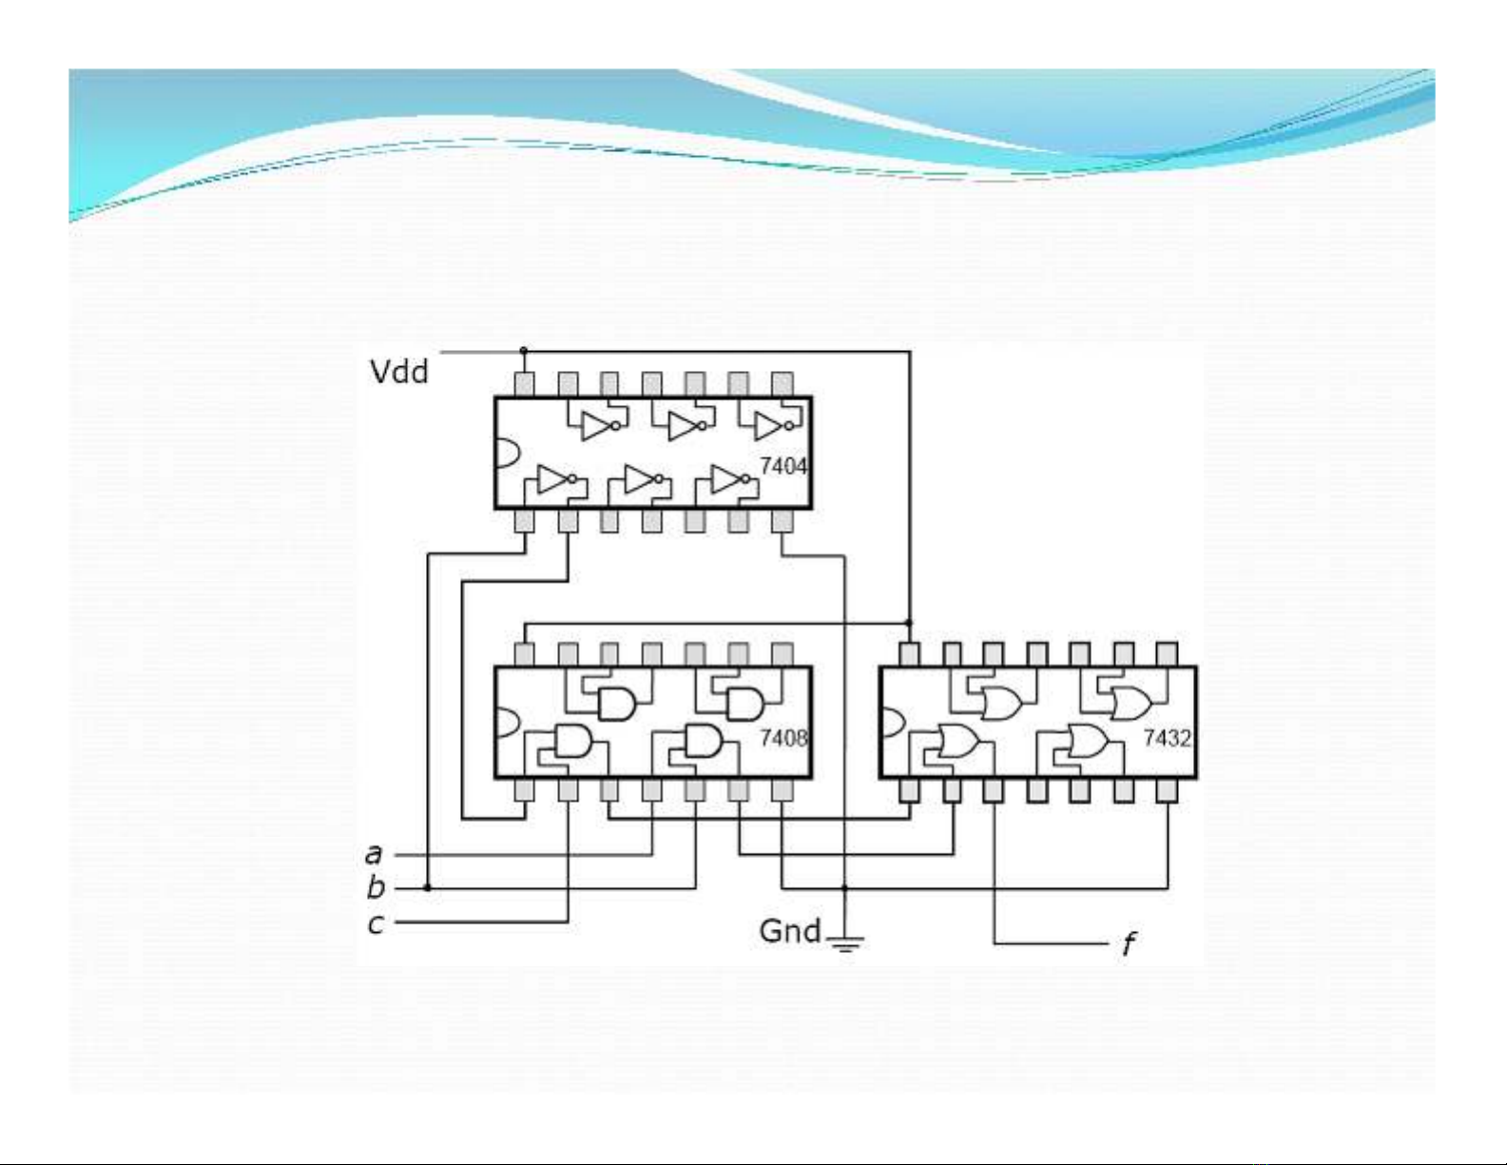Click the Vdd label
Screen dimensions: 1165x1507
(398, 371)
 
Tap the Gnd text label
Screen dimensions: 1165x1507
(789, 930)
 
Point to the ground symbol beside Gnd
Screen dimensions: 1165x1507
(845, 943)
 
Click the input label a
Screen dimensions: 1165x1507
(374, 854)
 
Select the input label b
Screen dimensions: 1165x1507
(376, 887)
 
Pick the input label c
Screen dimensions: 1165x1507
(376, 922)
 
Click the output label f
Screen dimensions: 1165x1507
(1128, 944)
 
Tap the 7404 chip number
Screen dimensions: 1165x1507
(782, 466)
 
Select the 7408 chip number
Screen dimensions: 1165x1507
(782, 737)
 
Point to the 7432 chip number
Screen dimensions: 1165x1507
(1166, 738)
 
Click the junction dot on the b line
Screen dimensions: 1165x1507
(428, 887)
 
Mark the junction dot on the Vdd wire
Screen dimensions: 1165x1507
(524, 351)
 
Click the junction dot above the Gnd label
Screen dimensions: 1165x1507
(844, 887)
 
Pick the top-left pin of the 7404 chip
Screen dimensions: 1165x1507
(524, 384)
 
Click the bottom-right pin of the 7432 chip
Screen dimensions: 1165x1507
(1168, 790)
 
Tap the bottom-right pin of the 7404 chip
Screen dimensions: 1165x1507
(782, 521)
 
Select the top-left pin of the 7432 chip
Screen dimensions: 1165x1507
(909, 654)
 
